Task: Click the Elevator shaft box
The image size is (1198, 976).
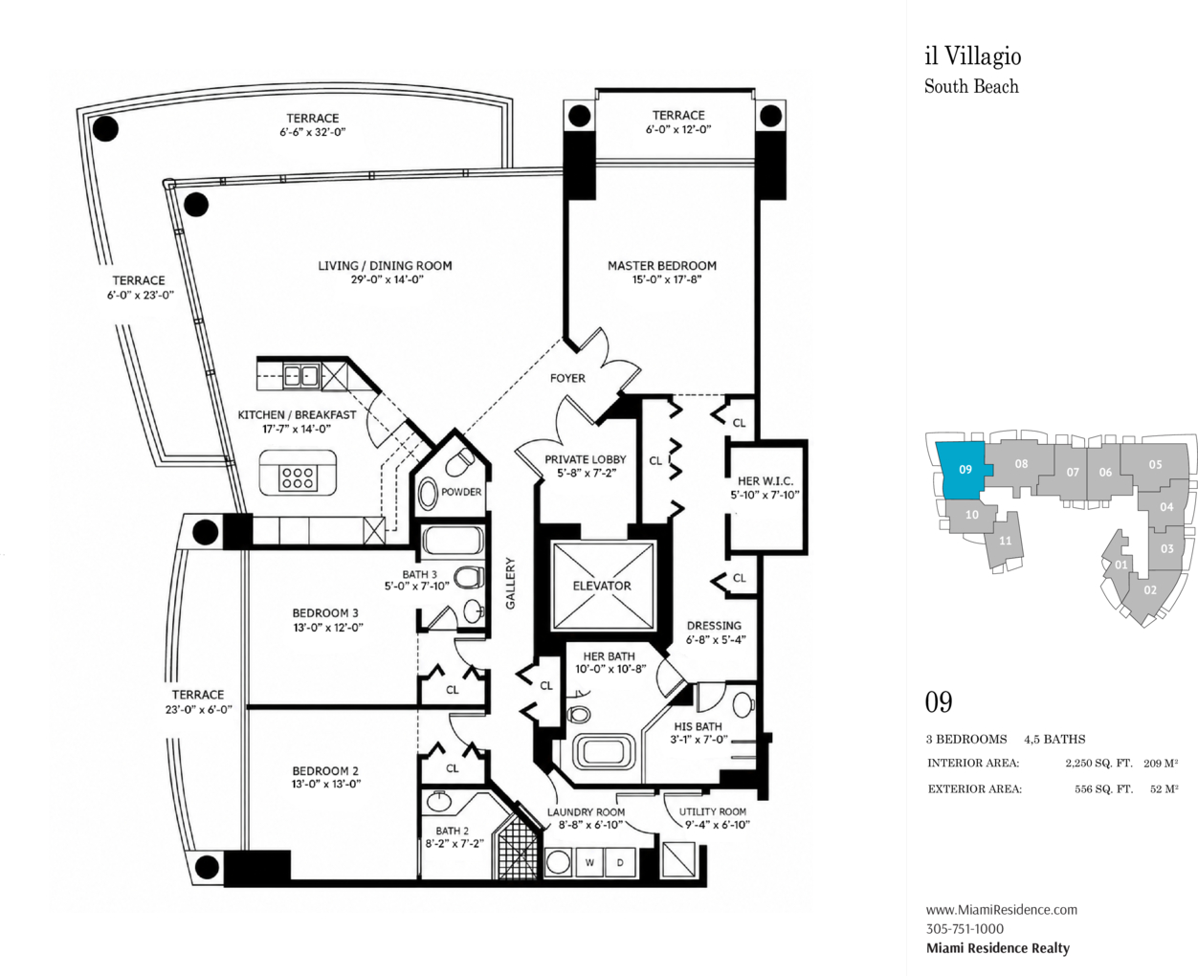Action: click(603, 586)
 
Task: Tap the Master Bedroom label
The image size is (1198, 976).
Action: click(662, 265)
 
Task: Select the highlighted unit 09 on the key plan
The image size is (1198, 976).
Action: click(963, 470)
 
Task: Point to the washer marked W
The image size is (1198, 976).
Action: click(588, 862)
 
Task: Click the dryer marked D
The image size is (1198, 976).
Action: click(620, 862)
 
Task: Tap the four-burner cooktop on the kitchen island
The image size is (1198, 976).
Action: click(299, 477)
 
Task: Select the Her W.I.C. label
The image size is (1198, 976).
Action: click(765, 481)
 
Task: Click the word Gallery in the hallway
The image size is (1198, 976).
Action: click(511, 583)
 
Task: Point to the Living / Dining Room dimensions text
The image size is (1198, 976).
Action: click(387, 279)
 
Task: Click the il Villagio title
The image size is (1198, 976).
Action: click(973, 56)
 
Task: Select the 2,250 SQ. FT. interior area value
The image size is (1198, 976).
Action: click(1098, 764)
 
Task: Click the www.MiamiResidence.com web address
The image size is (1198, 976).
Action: click(1002, 910)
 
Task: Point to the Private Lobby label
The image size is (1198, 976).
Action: click(585, 459)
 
